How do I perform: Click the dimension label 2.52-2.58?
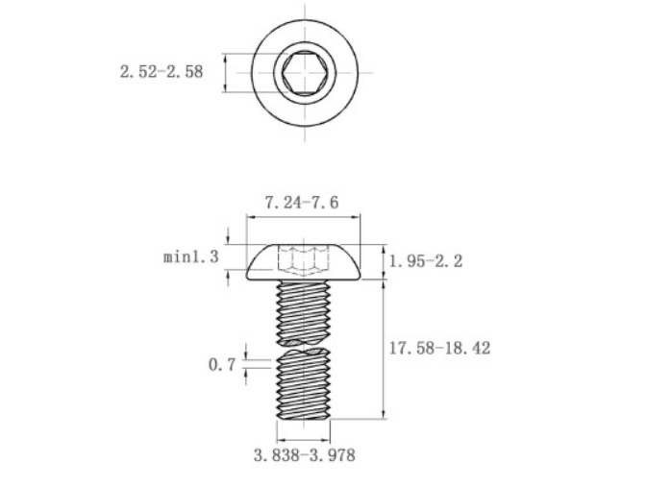162,72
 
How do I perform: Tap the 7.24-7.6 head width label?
302,203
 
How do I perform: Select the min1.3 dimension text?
190,256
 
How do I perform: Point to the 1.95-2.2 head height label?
426,261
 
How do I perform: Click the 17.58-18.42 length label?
440,348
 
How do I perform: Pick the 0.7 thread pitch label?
222,364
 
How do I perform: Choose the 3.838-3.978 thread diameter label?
305,455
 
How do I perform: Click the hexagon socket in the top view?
305,73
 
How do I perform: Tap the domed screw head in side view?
303,262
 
